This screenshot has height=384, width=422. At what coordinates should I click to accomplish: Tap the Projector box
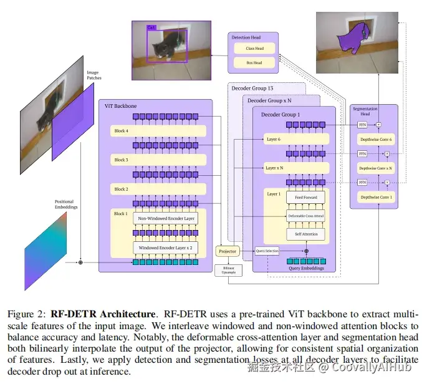[x=228, y=251]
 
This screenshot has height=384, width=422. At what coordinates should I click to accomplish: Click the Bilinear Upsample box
[x=228, y=270]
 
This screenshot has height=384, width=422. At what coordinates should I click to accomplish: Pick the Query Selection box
[x=267, y=251]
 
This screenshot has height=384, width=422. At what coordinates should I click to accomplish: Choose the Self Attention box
[x=306, y=234]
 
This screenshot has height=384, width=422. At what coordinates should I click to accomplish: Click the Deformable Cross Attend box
[x=306, y=216]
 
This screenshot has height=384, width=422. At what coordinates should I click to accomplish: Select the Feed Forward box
[x=306, y=198]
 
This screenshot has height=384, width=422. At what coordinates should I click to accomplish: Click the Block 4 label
[x=122, y=132]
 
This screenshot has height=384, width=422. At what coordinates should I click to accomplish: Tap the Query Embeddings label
[x=306, y=268]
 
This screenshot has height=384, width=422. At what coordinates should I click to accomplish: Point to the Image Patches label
[x=94, y=75]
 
